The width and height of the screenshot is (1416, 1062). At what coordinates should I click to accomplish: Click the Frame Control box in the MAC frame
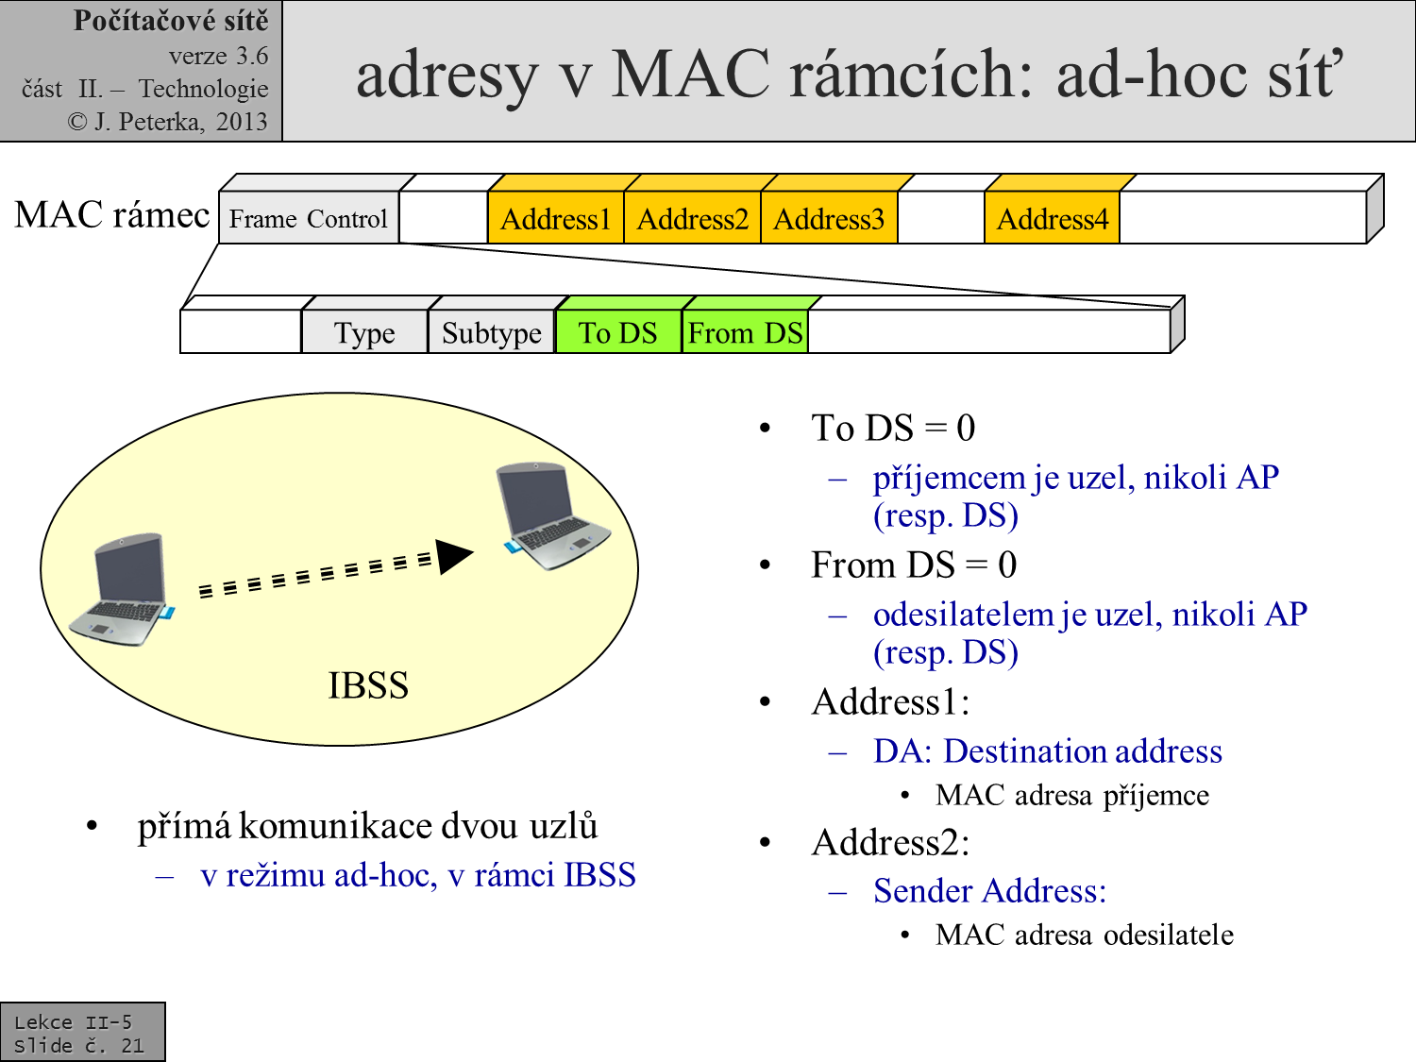click(309, 219)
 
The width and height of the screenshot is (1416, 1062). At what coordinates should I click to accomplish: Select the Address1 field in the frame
click(555, 219)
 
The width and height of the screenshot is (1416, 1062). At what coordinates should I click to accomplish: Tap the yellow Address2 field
click(692, 219)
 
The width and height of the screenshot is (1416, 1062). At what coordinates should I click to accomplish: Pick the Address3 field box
click(829, 219)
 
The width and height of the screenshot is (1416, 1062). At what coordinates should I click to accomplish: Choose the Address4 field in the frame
click(1052, 219)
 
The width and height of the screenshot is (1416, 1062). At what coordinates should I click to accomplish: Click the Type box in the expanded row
click(364, 332)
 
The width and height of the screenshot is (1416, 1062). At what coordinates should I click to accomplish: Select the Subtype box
click(491, 332)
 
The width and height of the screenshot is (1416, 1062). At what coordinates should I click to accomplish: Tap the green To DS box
click(618, 332)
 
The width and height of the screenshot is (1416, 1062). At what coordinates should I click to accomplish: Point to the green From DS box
click(745, 332)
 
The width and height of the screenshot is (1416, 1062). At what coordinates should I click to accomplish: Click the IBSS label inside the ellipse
click(368, 685)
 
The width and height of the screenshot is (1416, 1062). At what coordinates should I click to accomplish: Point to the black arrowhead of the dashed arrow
click(454, 556)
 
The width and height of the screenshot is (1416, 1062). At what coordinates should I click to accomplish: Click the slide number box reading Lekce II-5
click(82, 1033)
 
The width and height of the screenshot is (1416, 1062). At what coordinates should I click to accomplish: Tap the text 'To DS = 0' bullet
click(893, 428)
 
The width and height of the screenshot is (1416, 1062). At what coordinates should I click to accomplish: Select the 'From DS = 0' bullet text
click(914, 565)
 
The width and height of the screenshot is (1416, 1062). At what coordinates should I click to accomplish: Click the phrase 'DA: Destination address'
click(1047, 750)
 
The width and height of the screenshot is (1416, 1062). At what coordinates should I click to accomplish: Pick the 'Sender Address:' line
click(989, 890)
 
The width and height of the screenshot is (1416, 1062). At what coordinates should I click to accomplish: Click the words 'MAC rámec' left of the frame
click(112, 215)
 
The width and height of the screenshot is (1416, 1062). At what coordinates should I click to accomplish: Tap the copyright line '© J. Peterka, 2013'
click(168, 122)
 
